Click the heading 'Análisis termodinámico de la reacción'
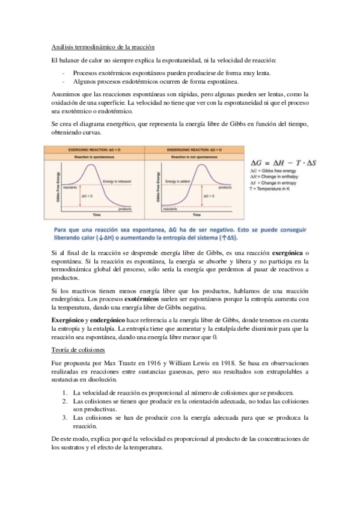(103, 47)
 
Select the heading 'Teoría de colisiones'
(78, 348)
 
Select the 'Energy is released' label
(119, 181)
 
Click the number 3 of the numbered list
(64, 417)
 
